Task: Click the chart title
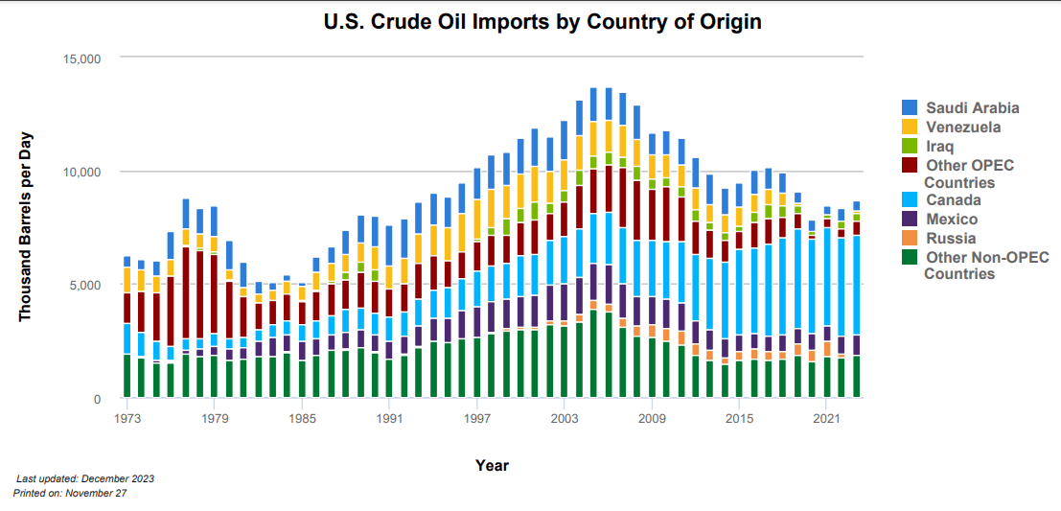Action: (529, 21)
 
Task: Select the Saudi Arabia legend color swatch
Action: (910, 107)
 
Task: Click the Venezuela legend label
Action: (963, 127)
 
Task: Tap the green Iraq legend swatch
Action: (910, 146)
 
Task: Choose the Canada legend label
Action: (953, 199)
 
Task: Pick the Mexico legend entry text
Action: (952, 219)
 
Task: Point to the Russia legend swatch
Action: (910, 238)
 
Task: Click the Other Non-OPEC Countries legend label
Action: (972, 265)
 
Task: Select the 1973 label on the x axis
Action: (127, 419)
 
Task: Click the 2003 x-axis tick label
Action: (564, 419)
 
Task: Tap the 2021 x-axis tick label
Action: (826, 419)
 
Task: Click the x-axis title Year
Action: (492, 466)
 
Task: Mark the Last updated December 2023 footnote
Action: (85, 477)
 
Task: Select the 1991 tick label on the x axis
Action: (389, 419)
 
